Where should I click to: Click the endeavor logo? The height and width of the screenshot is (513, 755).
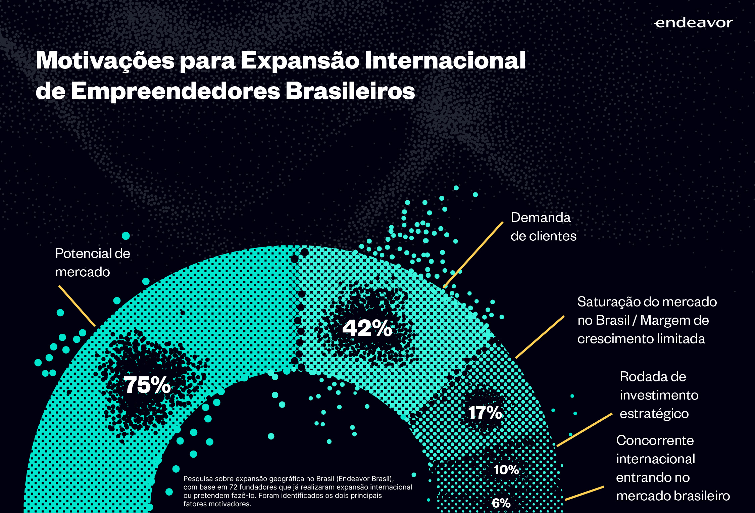(694, 23)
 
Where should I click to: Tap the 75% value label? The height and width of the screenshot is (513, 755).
(147, 385)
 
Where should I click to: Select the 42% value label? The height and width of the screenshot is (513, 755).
(367, 328)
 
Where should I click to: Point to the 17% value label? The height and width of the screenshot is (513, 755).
(485, 412)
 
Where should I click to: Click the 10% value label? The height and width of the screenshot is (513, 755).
(506, 470)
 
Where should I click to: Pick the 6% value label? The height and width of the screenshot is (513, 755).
(501, 503)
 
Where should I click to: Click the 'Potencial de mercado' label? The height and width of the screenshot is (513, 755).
(92, 263)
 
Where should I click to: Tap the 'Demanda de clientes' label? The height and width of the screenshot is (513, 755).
(543, 227)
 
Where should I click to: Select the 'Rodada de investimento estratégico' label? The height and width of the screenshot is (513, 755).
(659, 395)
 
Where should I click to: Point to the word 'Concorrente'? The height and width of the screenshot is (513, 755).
(655, 440)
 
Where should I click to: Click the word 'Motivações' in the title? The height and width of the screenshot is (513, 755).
(105, 61)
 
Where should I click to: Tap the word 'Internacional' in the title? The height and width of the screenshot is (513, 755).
(445, 60)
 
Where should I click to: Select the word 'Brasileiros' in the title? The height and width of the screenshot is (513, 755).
(350, 91)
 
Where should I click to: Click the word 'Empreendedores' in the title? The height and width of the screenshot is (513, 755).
(175, 91)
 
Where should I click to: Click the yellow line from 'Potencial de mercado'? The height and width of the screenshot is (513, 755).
(77, 306)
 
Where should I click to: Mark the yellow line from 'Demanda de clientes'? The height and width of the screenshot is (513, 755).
(473, 254)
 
